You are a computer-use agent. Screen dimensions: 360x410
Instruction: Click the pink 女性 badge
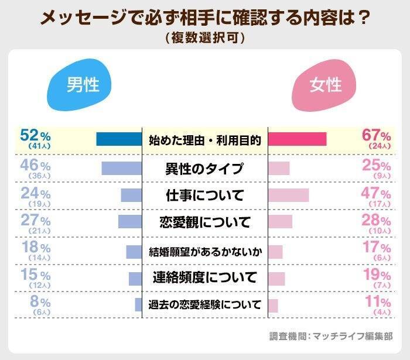(326, 86)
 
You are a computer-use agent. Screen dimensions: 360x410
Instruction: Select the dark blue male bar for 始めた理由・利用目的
(119, 139)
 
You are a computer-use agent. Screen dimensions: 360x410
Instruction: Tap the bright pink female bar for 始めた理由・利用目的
(297, 139)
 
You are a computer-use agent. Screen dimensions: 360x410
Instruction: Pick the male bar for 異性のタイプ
(121, 168)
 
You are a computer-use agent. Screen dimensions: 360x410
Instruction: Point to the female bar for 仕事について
(288, 195)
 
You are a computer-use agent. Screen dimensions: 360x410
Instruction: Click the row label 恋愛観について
(205, 222)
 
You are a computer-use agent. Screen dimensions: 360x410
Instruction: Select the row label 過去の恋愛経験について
(205, 305)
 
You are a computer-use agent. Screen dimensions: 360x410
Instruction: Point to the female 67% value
(376, 135)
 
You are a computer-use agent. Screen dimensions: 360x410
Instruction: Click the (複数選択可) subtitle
(205, 37)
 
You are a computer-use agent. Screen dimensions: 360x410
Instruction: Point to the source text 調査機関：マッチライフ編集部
(331, 336)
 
